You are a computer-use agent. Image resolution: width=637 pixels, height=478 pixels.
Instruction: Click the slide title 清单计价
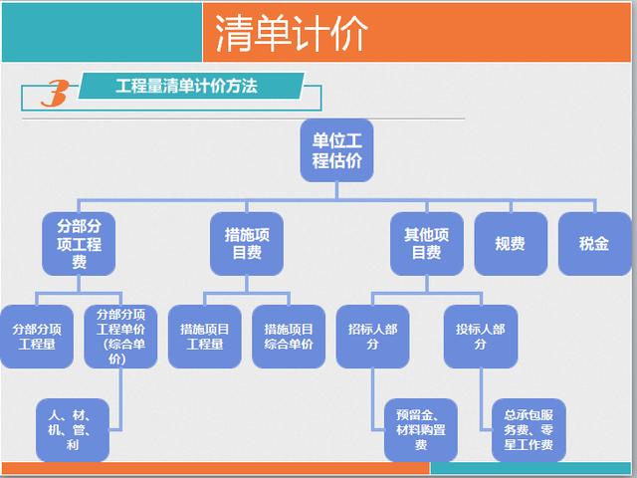(x=291, y=33)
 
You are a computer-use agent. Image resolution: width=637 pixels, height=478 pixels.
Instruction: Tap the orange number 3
(x=56, y=93)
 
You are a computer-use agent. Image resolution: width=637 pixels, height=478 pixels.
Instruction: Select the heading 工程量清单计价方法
(x=186, y=87)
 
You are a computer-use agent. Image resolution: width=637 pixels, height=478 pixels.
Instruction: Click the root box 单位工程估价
(x=336, y=150)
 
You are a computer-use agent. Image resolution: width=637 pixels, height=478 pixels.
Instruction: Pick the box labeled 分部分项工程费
(x=79, y=243)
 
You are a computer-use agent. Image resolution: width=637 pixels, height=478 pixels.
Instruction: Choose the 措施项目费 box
(x=247, y=243)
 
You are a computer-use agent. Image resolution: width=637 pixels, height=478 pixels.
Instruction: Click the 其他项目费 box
(x=427, y=243)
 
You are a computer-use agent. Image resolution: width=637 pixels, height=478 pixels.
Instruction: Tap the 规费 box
(x=511, y=243)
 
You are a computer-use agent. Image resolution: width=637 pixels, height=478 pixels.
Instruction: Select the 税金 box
(x=595, y=243)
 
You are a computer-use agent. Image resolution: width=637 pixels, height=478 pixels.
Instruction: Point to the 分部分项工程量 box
(x=37, y=337)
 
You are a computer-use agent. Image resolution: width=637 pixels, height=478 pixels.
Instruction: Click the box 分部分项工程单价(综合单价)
(x=120, y=337)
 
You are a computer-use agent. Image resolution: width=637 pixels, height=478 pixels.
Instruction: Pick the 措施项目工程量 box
(x=205, y=337)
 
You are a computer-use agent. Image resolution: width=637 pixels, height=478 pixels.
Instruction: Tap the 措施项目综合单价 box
(x=289, y=337)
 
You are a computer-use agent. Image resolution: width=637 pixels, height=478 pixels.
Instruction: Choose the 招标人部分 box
(x=372, y=337)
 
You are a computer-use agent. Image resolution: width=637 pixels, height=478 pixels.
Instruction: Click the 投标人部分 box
(x=481, y=337)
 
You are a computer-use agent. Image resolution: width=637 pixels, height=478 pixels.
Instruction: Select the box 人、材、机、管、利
(x=73, y=430)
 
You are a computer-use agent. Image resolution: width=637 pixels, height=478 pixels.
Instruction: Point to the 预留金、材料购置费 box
(x=421, y=430)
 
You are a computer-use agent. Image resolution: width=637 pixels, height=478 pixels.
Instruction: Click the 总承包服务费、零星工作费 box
(x=529, y=430)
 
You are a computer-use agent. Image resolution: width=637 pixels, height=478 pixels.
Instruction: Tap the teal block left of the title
(x=102, y=32)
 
